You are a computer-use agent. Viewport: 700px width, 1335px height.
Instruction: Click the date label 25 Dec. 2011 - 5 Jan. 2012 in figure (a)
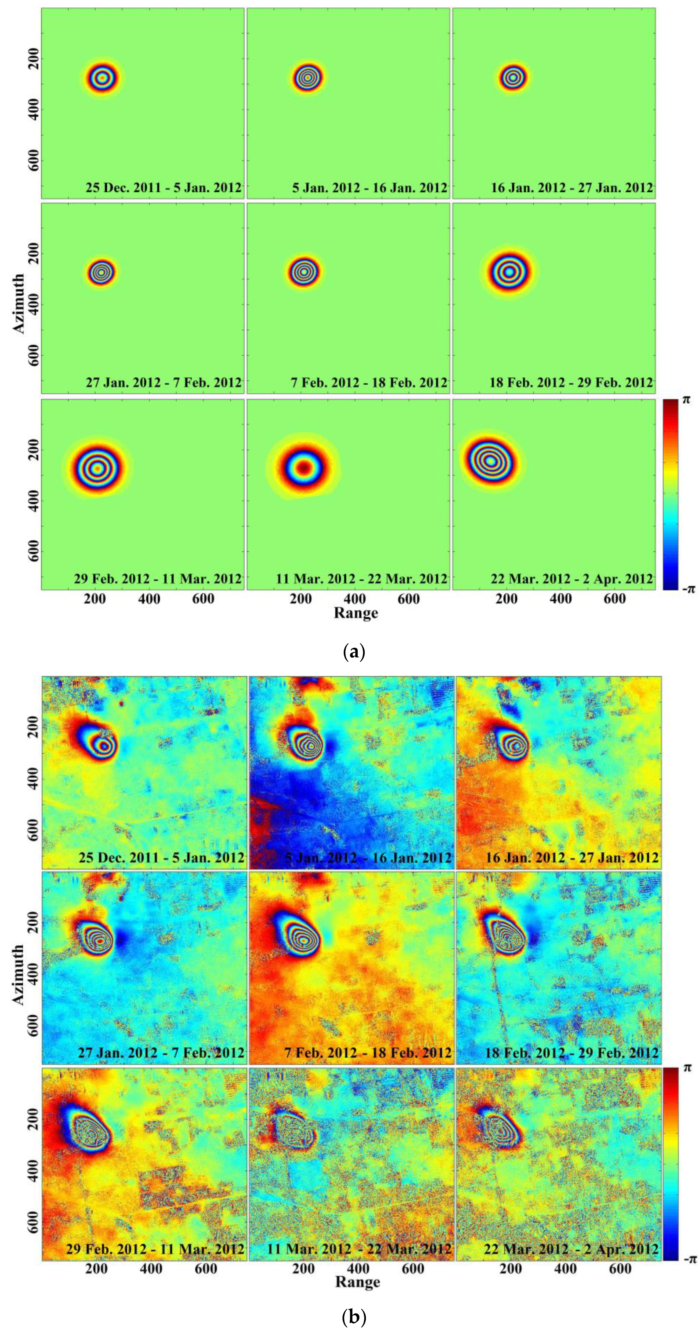163,187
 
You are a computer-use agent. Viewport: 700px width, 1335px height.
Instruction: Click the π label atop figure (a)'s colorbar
686,400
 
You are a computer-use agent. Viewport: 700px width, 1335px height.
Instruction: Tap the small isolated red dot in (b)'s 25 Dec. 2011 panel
121,703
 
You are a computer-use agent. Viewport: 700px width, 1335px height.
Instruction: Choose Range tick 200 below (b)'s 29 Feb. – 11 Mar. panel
96,1269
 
